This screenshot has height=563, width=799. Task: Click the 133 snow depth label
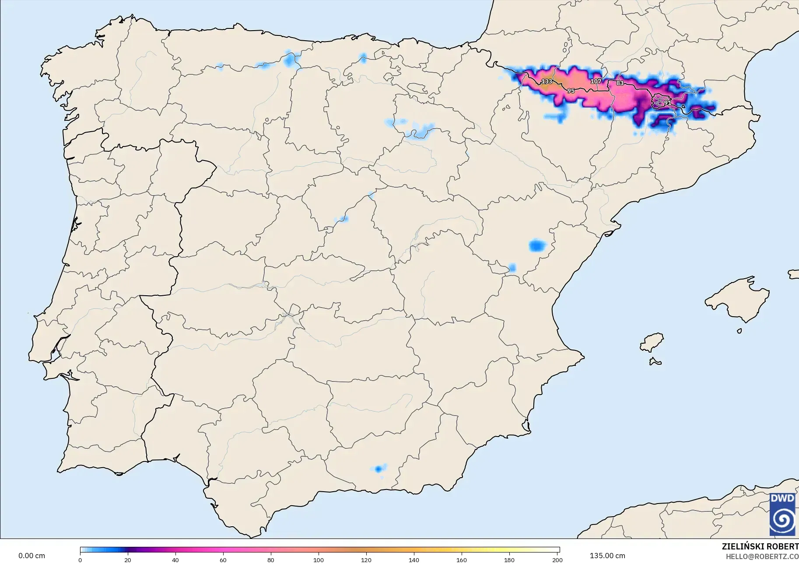tap(547, 82)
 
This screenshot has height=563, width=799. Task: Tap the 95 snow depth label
tap(571, 91)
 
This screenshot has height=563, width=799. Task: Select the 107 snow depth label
tap(596, 81)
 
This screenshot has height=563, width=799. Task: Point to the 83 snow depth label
tap(620, 83)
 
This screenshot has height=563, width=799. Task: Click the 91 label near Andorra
tap(667, 103)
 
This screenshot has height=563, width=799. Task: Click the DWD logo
tap(782, 514)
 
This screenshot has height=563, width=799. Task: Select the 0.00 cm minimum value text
tap(32, 556)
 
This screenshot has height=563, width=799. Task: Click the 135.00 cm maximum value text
tap(607, 556)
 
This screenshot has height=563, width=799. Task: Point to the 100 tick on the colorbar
tap(319, 560)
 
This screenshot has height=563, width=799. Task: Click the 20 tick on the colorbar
tap(127, 560)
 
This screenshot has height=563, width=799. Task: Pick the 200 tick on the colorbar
tap(557, 560)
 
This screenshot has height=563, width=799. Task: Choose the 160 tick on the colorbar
tap(462, 560)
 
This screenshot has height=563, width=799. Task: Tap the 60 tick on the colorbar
tap(223, 560)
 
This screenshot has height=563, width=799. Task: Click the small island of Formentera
tap(655, 362)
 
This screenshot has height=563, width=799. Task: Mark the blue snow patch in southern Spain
tap(378, 469)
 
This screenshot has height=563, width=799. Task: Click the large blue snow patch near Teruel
tap(537, 245)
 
